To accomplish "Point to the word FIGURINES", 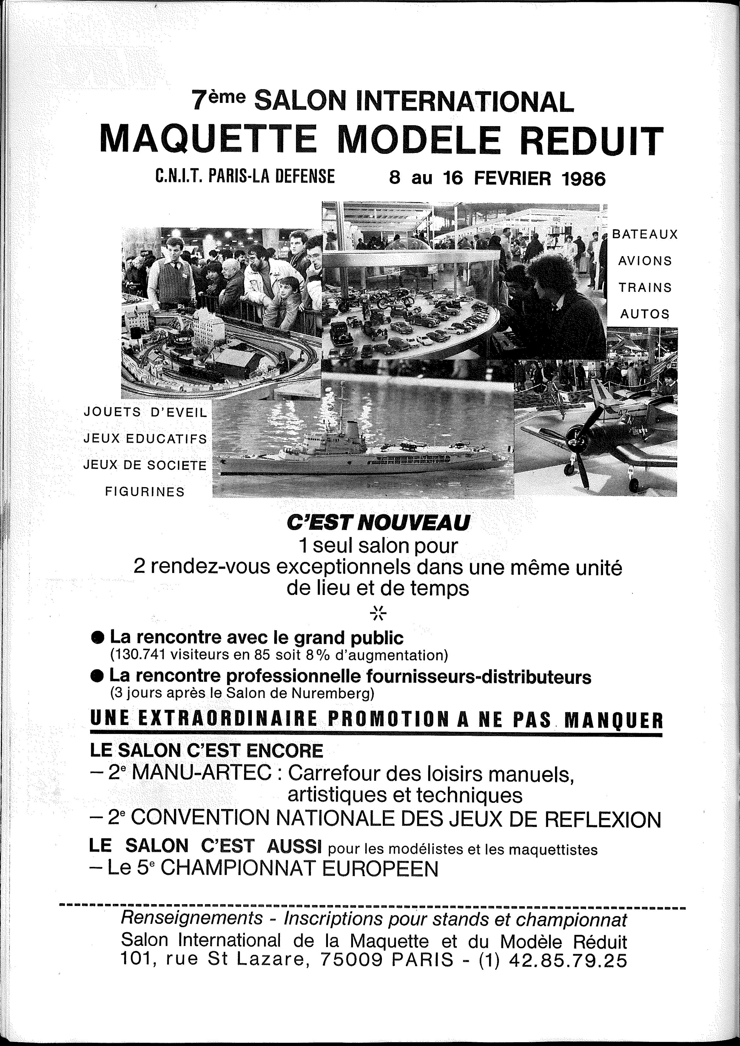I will pos(145,491).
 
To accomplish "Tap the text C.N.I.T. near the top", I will pos(178,176).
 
